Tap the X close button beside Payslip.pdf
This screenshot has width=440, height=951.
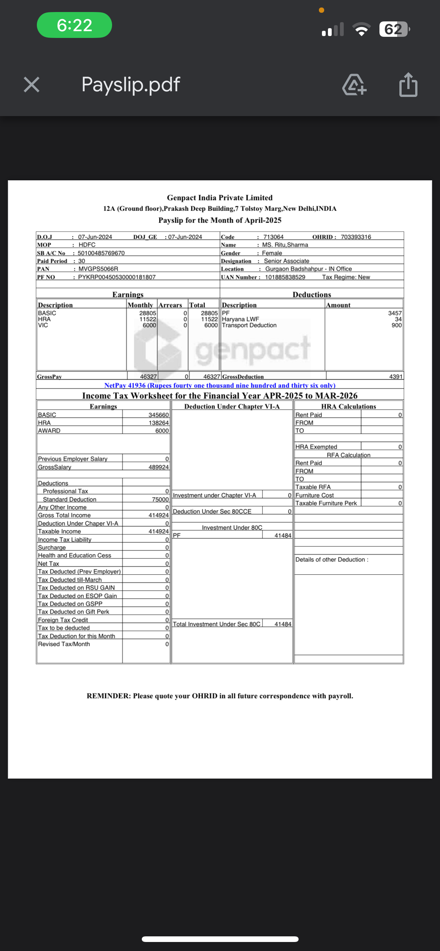pos(32,85)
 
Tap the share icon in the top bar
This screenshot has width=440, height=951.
pos(408,85)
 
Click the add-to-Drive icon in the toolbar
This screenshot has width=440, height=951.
pos(354,85)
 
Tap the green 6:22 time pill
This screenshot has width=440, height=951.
pos(74,25)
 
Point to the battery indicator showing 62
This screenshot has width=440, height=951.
pos(394,29)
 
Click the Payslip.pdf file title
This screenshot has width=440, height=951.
pos(130,85)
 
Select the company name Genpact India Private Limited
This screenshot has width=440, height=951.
pos(220,198)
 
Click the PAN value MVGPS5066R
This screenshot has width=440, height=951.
pos(98,269)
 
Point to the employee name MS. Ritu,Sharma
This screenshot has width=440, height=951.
pos(285,245)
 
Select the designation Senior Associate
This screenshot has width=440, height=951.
pos(287,261)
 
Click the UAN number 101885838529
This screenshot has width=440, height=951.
pos(285,277)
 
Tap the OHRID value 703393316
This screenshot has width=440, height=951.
pos(356,237)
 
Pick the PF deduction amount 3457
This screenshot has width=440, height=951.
pos(395,313)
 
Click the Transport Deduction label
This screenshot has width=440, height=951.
pos(249,325)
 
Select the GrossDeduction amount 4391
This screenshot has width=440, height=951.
pos(396,377)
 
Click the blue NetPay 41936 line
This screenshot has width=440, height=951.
pos(220,385)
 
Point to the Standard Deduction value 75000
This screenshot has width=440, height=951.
pos(160,500)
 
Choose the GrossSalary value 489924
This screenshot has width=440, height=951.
pos(159,467)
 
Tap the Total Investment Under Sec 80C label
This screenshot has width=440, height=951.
pos(217,624)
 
